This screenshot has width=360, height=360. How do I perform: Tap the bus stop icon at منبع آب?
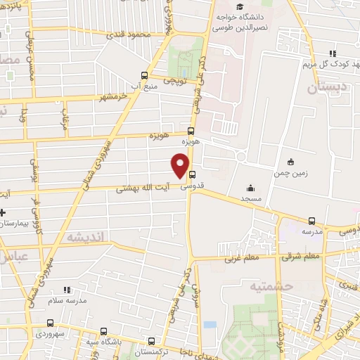pyautogui.click(x=144, y=75)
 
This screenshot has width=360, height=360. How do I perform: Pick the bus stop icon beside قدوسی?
pyautogui.click(x=193, y=176)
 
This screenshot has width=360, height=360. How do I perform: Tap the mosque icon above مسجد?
pyautogui.click(x=250, y=188)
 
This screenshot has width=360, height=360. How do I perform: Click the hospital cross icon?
pyautogui.click(x=3, y=212)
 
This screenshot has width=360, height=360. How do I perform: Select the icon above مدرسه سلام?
pyautogui.click(x=67, y=289)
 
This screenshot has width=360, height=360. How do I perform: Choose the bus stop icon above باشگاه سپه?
pyautogui.click(x=104, y=330)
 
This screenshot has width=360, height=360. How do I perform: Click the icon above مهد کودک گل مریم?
pyautogui.click(x=335, y=53)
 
